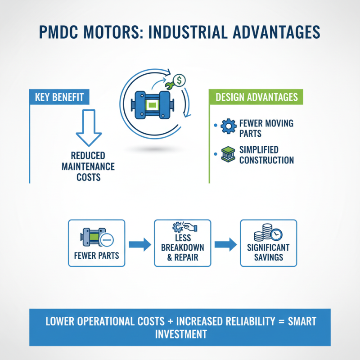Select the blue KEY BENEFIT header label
coord(59,97)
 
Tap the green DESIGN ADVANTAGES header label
coord(256,97)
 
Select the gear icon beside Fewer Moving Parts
coord(228,126)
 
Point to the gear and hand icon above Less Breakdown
coord(181,229)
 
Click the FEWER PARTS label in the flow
coord(96,256)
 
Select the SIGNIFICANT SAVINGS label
coord(268,252)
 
